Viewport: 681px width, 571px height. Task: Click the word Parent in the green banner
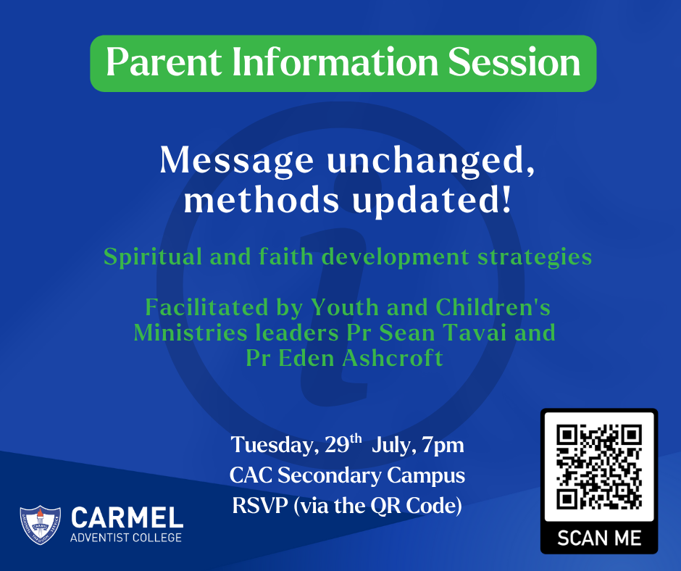[x=164, y=62]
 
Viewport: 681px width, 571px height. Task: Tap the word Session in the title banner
[x=514, y=62]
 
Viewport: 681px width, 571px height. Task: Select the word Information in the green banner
[x=335, y=62]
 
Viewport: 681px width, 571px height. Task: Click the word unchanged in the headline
[x=430, y=162]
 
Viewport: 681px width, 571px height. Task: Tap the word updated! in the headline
[x=431, y=202]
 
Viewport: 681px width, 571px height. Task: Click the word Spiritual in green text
[x=152, y=257]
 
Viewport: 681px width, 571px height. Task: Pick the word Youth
[x=344, y=307]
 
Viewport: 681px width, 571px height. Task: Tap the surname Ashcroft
[x=392, y=358]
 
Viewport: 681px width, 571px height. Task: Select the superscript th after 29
[x=356, y=438]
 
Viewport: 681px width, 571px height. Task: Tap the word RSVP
[x=259, y=505]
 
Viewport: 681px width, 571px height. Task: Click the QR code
[x=599, y=466]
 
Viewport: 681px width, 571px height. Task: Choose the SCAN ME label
[x=599, y=538]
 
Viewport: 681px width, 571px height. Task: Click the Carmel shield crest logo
[x=41, y=525]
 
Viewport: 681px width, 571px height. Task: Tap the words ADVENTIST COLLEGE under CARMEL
[x=126, y=538]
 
